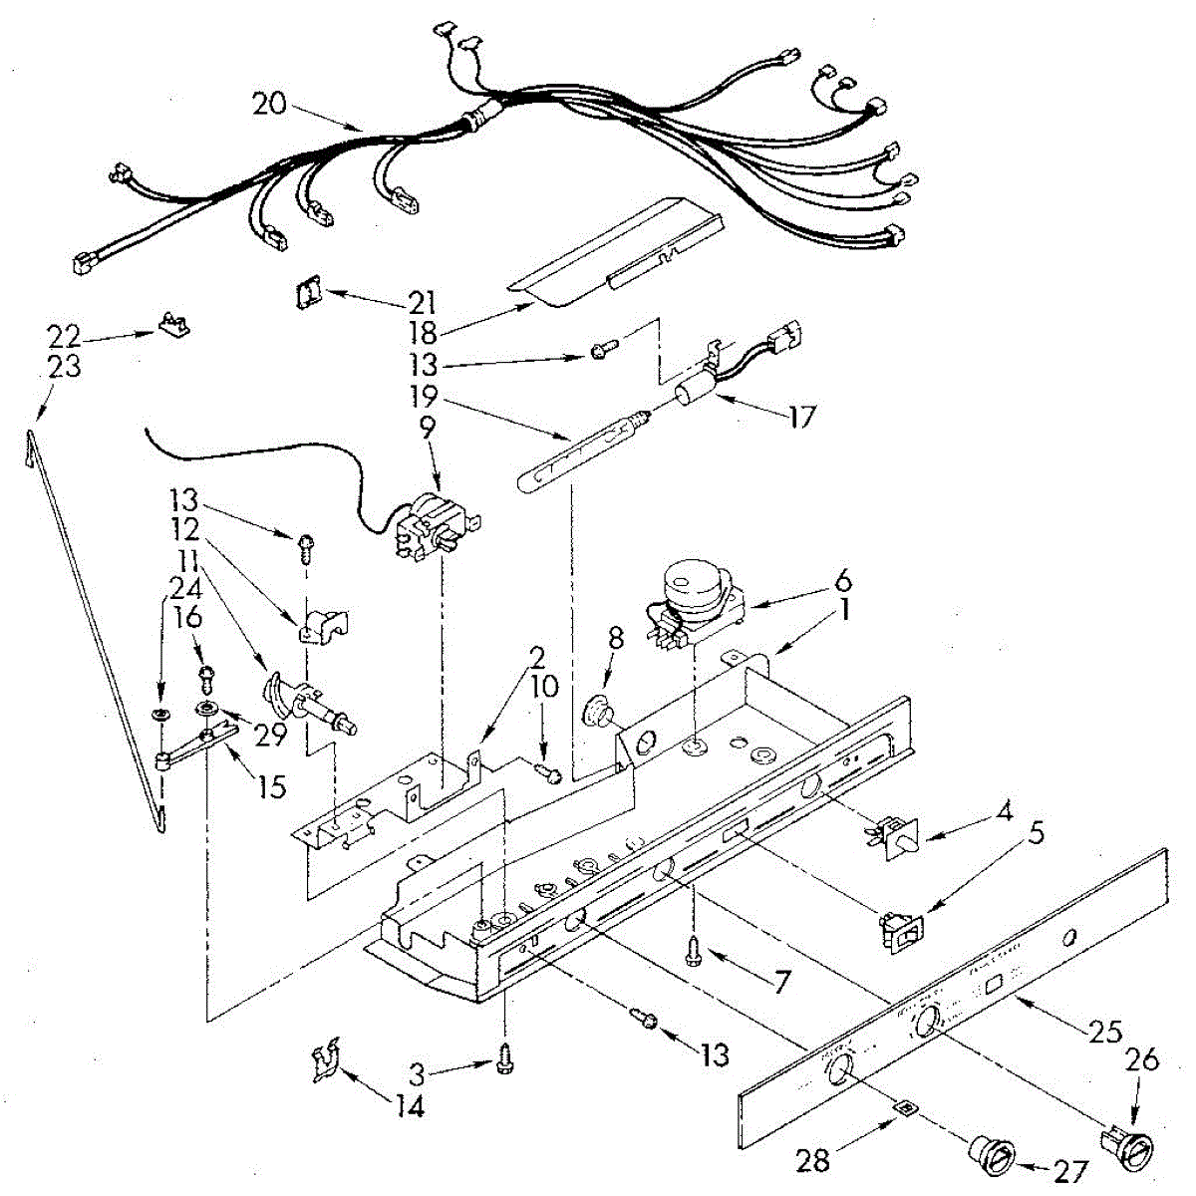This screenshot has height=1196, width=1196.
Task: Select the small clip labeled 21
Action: point(307,294)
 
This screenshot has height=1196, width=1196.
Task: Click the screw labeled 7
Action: point(693,954)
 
